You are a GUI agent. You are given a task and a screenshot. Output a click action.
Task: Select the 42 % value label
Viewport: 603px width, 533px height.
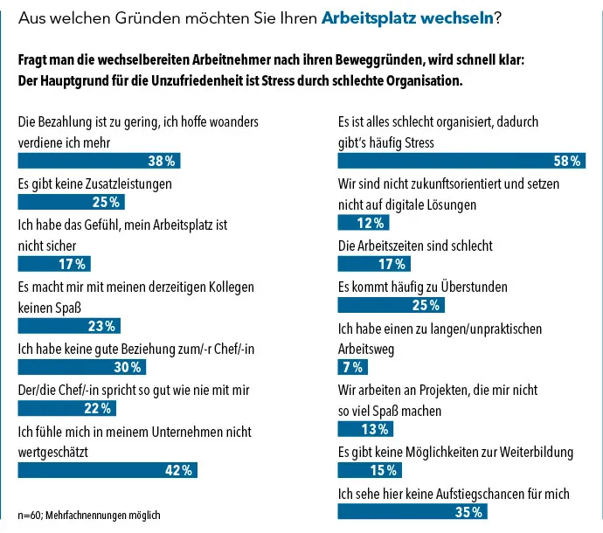[178, 470]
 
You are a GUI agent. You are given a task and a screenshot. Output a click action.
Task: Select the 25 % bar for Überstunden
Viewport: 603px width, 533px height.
[392, 305]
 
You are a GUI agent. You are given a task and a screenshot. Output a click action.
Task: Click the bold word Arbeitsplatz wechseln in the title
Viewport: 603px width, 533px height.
[407, 17]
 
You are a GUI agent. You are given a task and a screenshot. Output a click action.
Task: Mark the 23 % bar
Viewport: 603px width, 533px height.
[69, 327]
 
